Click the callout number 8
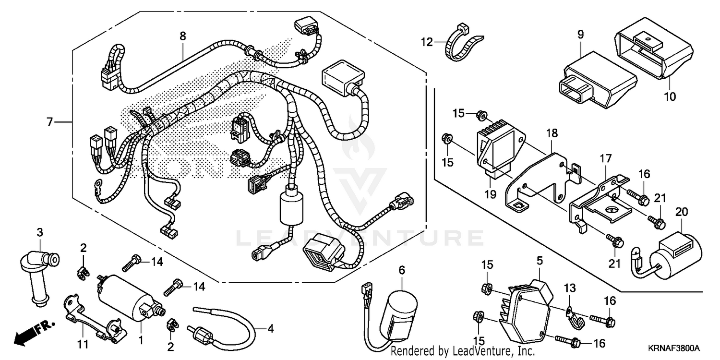point(182,36)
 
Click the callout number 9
point(580,35)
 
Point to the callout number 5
point(540,261)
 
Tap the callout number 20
point(681,212)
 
